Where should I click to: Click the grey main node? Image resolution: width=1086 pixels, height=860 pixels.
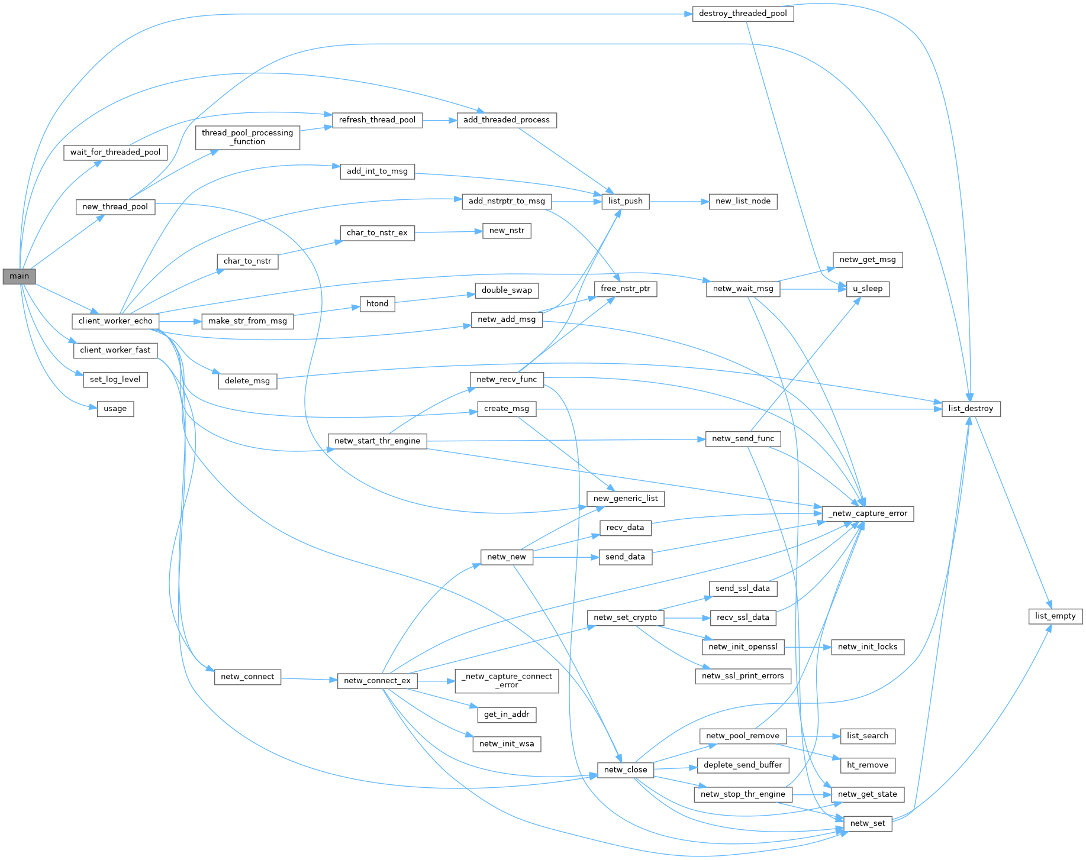pos(19,276)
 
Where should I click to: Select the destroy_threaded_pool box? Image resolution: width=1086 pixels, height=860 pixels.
pos(743,14)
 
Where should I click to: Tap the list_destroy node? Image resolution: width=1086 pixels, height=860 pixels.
pos(971,409)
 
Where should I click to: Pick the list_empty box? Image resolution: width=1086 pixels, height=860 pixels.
pos(1055,616)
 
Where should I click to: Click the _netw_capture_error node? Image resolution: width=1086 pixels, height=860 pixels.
pos(868,513)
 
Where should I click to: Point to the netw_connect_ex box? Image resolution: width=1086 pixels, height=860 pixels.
pos(377,681)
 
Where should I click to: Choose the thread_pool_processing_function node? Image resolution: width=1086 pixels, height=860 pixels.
pos(247,137)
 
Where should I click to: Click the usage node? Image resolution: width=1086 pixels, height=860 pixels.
pos(115,409)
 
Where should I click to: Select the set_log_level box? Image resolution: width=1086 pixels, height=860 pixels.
pos(115,380)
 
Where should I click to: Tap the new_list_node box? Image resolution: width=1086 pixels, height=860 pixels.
pos(743,201)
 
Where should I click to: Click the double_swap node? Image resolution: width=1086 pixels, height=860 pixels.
pos(507,290)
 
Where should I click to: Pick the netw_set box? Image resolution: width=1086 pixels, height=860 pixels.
pos(868,823)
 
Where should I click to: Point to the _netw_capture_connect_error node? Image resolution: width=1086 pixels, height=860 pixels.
pos(507,681)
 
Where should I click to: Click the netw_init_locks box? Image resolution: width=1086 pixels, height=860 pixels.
pos(868,647)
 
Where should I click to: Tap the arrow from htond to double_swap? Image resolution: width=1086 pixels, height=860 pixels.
pos(435,298)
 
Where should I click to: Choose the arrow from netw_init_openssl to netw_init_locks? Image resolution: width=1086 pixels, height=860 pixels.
pos(808,647)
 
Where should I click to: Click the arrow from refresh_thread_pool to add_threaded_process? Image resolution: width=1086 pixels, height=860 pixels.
pos(439,120)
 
